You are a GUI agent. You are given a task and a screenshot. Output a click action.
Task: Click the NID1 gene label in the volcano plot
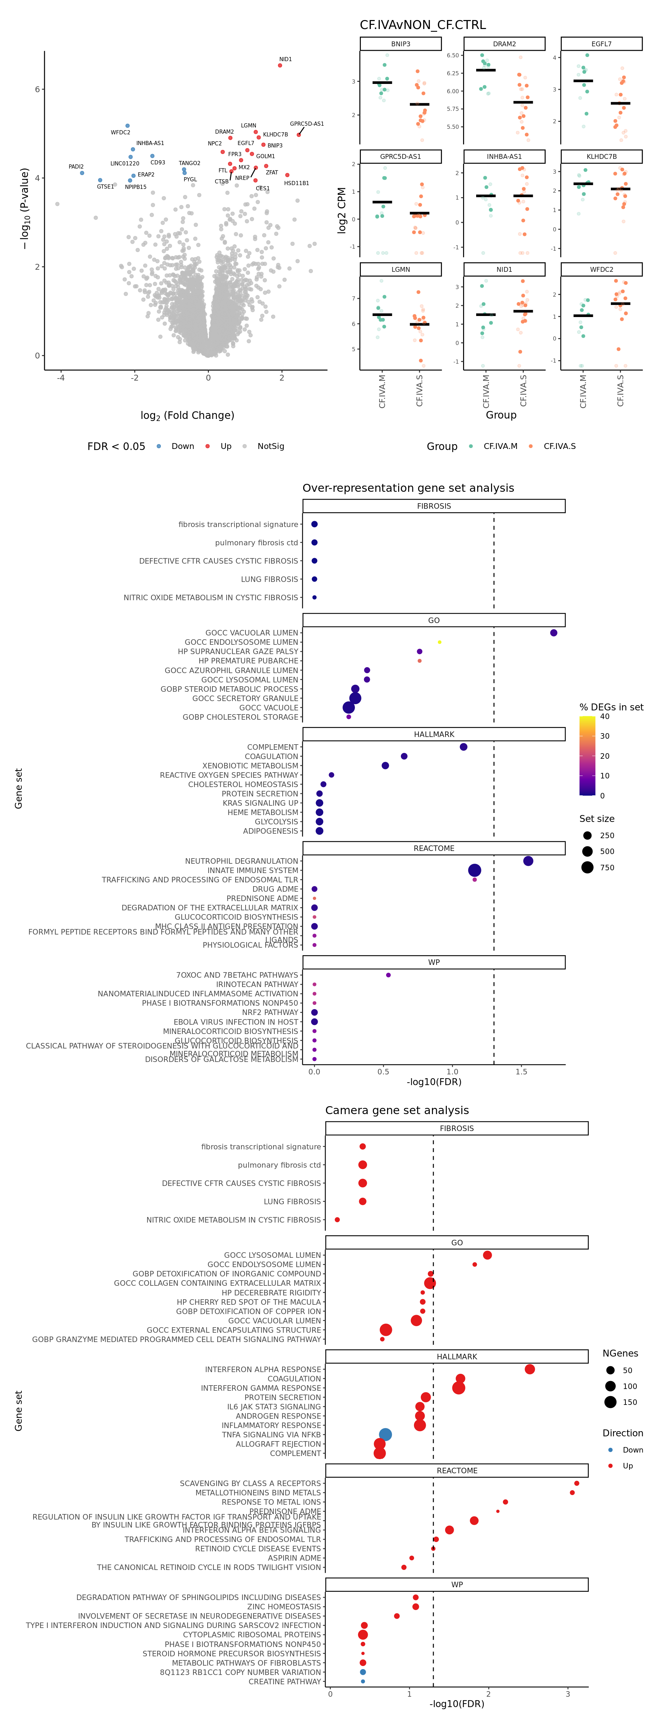[x=285, y=59]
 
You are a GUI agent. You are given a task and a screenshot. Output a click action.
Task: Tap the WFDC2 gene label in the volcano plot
[x=121, y=133]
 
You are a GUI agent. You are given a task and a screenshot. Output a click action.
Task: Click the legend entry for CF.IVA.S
[x=559, y=447]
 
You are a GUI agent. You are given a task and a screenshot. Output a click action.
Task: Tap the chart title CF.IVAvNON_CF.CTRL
[x=423, y=25]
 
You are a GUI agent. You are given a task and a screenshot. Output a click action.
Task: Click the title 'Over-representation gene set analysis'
[x=408, y=488]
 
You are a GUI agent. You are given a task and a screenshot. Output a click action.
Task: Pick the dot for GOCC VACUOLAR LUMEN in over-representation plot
[x=553, y=632]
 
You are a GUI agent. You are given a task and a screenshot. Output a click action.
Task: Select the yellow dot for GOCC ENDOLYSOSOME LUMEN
[x=439, y=642]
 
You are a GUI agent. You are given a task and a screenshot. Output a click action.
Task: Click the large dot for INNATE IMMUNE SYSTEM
[x=474, y=870]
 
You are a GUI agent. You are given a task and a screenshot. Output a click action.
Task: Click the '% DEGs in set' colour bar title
[x=611, y=707]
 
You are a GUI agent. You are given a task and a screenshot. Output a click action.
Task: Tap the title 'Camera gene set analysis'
[x=397, y=1110]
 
